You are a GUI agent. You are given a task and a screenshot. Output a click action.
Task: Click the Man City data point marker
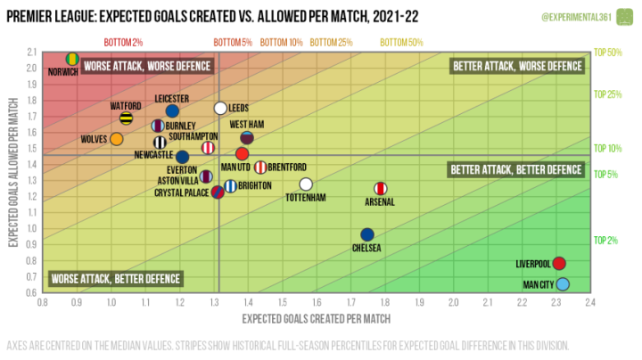tap(563, 285)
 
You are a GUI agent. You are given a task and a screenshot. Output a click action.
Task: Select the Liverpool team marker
tap(559, 264)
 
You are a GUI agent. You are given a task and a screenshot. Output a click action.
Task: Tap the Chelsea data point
tap(367, 234)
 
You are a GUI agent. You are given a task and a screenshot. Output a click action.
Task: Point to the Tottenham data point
tap(306, 184)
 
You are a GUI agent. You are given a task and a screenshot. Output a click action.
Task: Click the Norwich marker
tap(73, 59)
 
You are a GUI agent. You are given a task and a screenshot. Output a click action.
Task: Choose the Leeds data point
tap(220, 108)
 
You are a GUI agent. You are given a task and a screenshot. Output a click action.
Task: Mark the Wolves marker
tap(116, 139)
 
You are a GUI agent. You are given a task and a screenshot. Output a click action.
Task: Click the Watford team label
tap(126, 105)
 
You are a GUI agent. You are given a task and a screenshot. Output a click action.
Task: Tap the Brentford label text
tap(288, 167)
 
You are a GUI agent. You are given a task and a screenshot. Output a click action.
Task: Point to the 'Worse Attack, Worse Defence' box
tap(145, 66)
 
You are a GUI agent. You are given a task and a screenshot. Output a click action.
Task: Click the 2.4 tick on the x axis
tap(589, 304)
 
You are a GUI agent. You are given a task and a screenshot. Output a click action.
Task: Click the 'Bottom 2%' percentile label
tap(123, 42)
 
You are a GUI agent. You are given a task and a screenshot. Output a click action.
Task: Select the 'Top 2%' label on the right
tap(606, 241)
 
